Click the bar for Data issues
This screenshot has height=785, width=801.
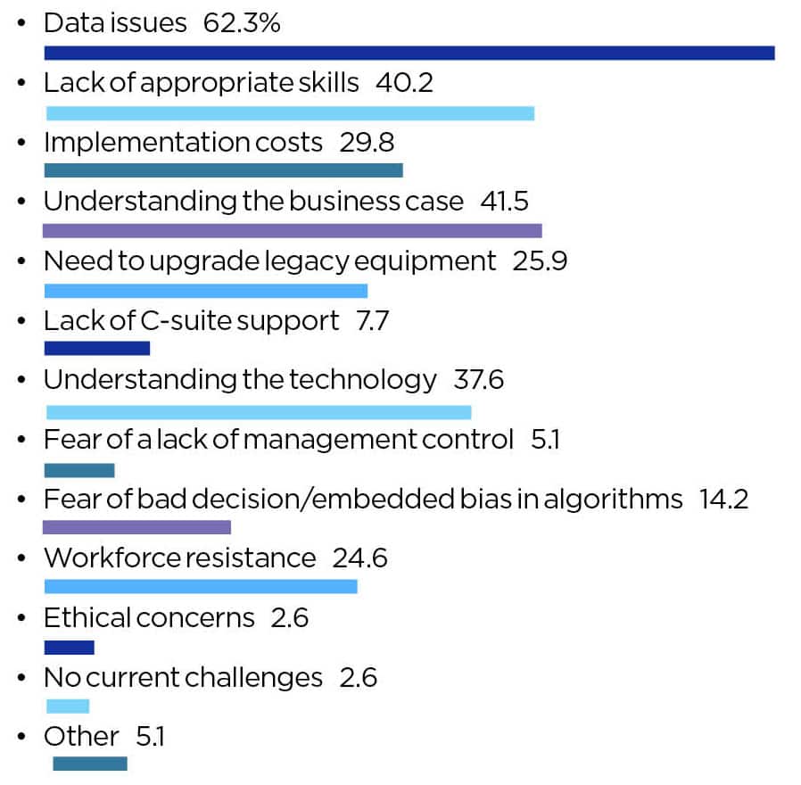pyautogui.click(x=409, y=53)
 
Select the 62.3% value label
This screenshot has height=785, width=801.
pyautogui.click(x=241, y=23)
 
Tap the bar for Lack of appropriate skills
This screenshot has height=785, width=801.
pyautogui.click(x=290, y=113)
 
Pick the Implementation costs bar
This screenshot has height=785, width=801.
pyautogui.click(x=223, y=170)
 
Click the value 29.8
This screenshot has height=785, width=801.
pyautogui.click(x=367, y=142)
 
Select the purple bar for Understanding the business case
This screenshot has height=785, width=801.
pyautogui.click(x=292, y=231)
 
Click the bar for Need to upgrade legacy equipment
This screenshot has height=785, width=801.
pyautogui.click(x=205, y=291)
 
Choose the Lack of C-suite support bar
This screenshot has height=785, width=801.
pyautogui.click(x=96, y=349)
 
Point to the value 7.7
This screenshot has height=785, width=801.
pyautogui.click(x=372, y=320)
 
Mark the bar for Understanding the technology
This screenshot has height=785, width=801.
pyautogui.click(x=259, y=412)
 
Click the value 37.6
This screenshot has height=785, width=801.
pyautogui.click(x=478, y=380)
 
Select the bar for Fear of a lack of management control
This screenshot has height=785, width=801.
pyautogui.click(x=79, y=470)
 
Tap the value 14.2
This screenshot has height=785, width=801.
pyautogui.click(x=723, y=499)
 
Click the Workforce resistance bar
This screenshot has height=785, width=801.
pyautogui.click(x=201, y=586)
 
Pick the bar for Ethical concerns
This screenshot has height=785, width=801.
pyautogui.click(x=69, y=648)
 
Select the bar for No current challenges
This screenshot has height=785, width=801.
pyautogui.click(x=68, y=706)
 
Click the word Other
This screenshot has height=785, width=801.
pyautogui.click(x=81, y=737)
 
